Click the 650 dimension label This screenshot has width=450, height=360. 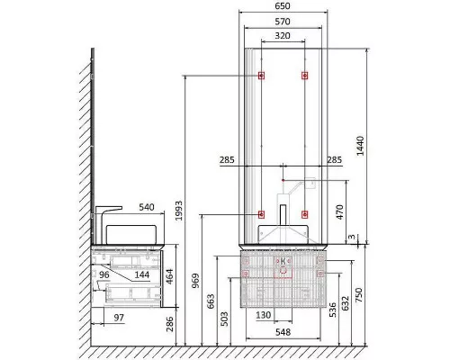pyautogui.click(x=283, y=6)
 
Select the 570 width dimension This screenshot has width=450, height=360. pyautogui.click(x=283, y=22)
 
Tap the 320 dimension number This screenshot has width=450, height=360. pyautogui.click(x=283, y=36)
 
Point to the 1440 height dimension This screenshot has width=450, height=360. pyautogui.click(x=360, y=146)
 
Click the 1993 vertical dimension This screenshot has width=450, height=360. pyautogui.click(x=179, y=211)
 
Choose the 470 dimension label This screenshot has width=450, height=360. pyautogui.click(x=339, y=212)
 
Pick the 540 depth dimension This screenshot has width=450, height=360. pyautogui.click(x=147, y=207)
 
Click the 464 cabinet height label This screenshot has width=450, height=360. pyautogui.click(x=169, y=277)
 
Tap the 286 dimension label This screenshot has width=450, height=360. pyautogui.click(x=170, y=324)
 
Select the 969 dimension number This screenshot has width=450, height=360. pyautogui.click(x=195, y=281)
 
